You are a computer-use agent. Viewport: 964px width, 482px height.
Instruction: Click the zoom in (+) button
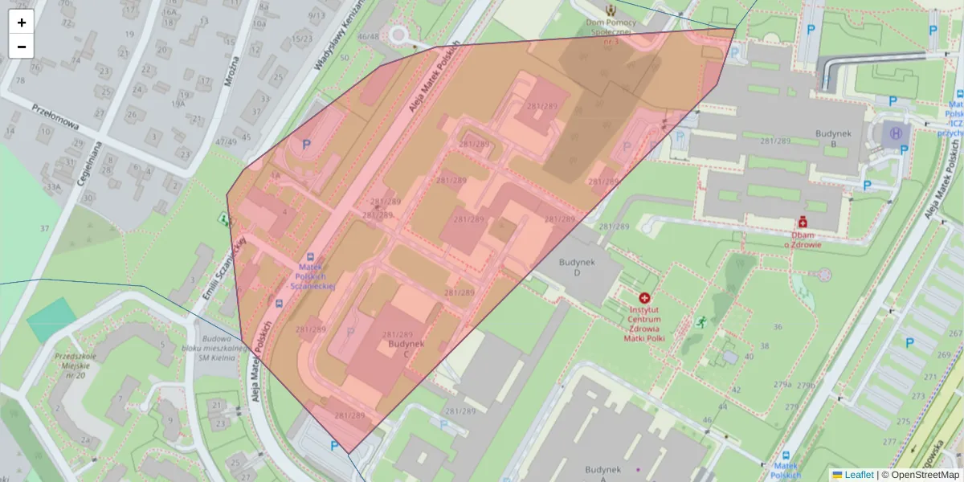(x=22, y=22)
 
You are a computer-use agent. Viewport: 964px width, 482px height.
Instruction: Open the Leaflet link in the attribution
(x=858, y=475)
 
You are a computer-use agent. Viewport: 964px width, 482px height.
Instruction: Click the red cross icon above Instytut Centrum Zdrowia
(x=644, y=297)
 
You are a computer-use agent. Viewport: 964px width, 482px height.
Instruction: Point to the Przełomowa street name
(x=55, y=116)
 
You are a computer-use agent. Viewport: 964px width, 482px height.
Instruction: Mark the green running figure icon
(x=701, y=322)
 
